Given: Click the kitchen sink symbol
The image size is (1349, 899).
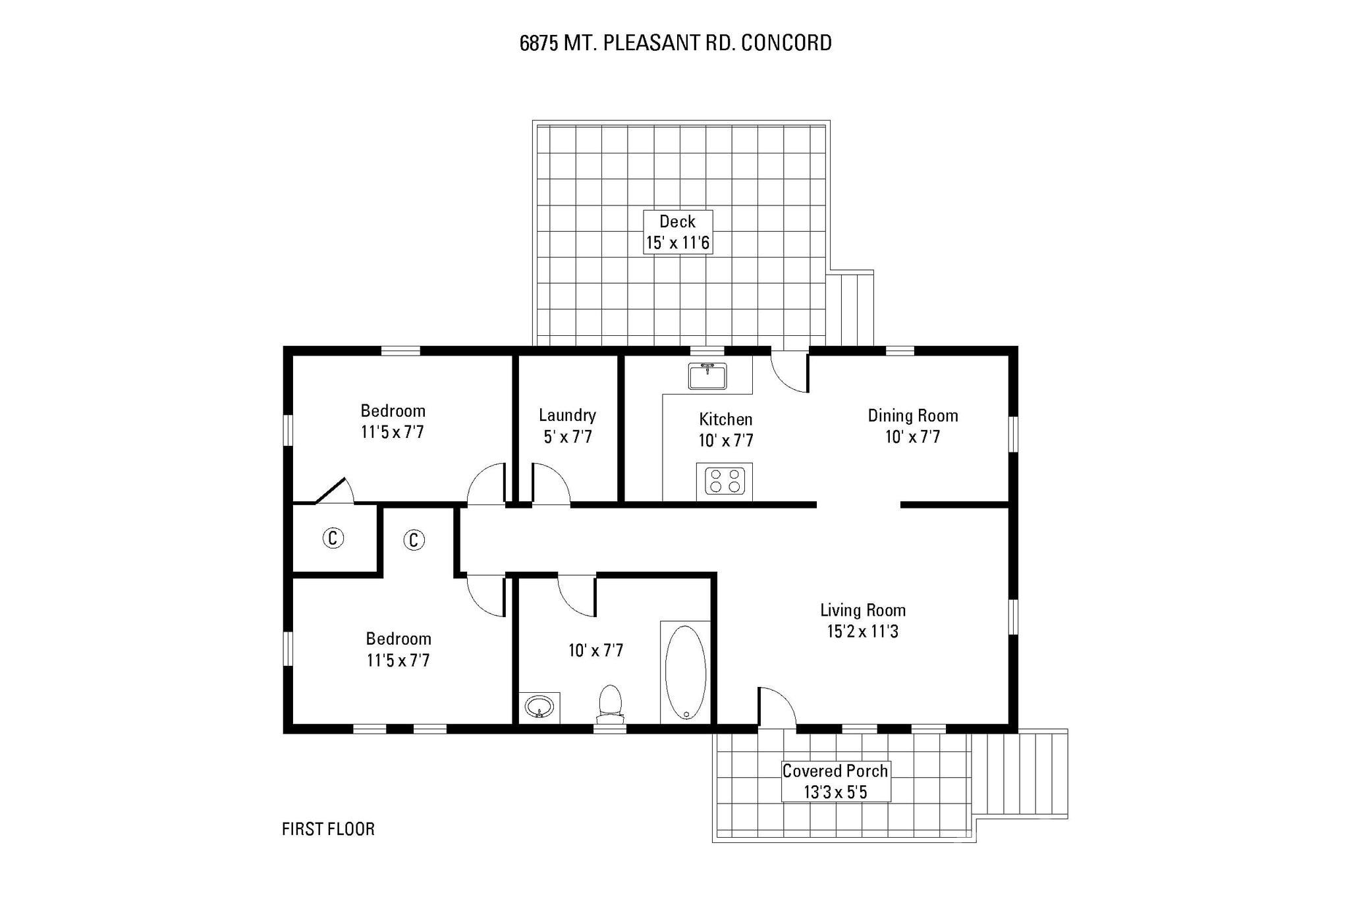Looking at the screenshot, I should pyautogui.click(x=707, y=377).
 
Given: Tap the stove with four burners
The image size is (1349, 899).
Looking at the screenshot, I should pyautogui.click(x=725, y=480).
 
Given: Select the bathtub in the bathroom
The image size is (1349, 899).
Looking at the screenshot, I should pyautogui.click(x=685, y=672).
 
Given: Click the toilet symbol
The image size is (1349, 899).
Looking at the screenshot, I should pyautogui.click(x=610, y=703).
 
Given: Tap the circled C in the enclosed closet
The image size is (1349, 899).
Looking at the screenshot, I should pyautogui.click(x=333, y=538).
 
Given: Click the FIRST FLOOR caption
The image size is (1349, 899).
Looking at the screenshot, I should pyautogui.click(x=328, y=829).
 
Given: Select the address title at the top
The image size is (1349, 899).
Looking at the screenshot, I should pyautogui.click(x=675, y=43).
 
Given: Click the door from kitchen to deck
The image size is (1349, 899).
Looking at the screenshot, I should pyautogui.click(x=789, y=372).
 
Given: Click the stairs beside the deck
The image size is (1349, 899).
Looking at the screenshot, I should pyautogui.click(x=852, y=310).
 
